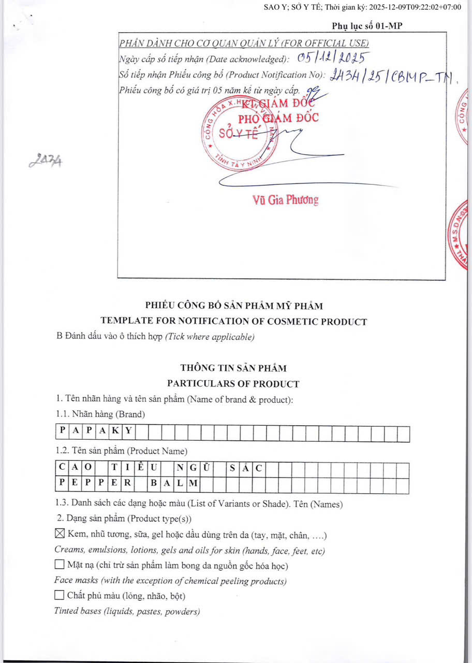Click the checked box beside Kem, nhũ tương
point(60,534)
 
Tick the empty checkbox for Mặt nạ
point(60,565)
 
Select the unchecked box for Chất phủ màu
point(60,596)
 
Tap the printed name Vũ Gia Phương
point(286,200)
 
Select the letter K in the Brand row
point(114,430)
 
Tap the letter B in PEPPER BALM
point(154,484)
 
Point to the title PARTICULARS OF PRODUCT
point(233,384)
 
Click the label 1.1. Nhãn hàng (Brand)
point(100,414)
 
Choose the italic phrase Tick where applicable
point(210,337)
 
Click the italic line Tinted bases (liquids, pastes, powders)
point(127,611)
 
